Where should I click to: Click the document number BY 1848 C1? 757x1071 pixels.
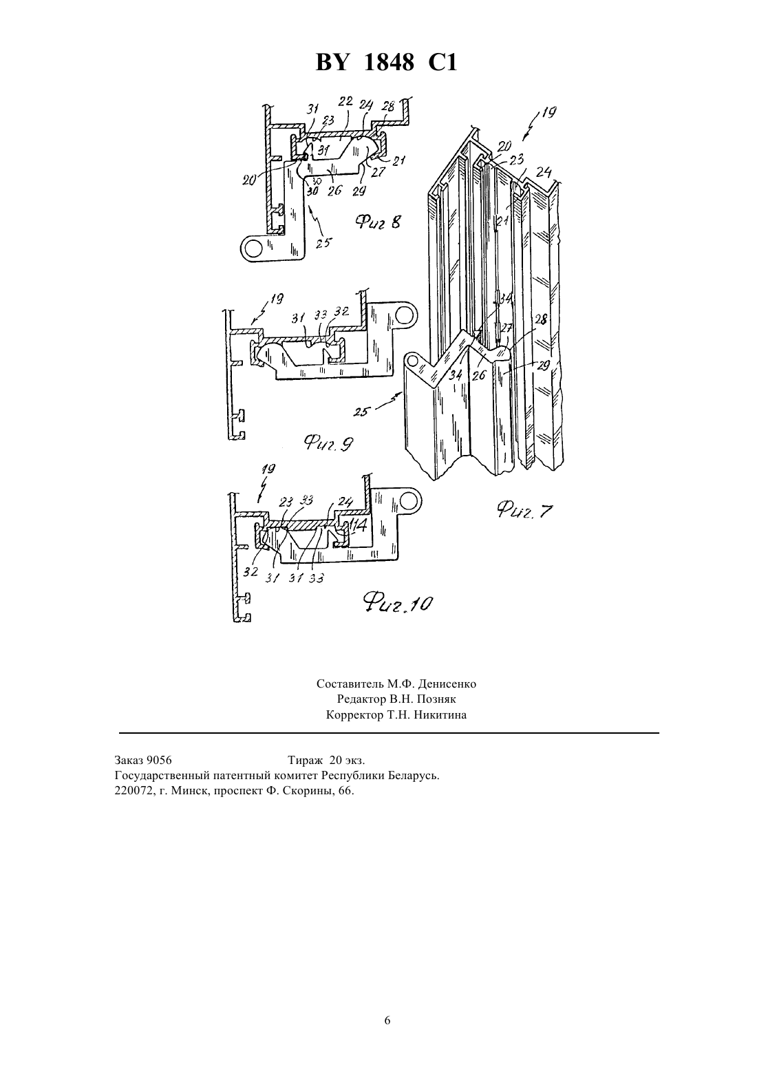tap(386, 63)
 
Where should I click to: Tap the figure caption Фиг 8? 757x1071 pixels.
tap(378, 222)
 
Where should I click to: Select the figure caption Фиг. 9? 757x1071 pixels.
tap(329, 443)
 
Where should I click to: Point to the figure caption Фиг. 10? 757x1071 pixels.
tap(397, 604)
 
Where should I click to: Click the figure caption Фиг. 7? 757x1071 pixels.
tap(524, 510)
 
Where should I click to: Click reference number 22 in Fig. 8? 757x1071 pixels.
tap(345, 101)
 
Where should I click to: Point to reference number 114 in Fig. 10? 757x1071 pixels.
tap(357, 526)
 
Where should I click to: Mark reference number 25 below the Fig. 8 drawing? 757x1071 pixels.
tap(323, 243)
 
